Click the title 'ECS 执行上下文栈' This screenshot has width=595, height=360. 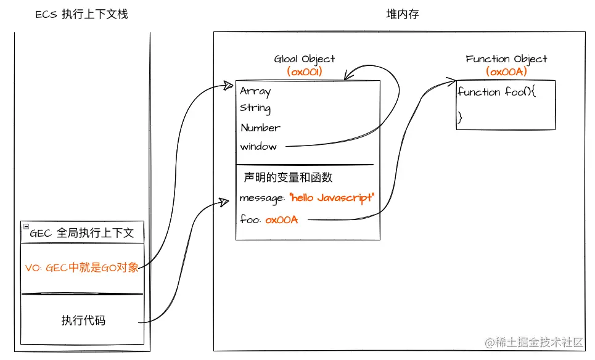coord(81,14)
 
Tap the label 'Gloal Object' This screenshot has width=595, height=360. coord(305,59)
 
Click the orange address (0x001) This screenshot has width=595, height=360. coord(305,72)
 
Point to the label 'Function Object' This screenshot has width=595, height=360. coord(506,59)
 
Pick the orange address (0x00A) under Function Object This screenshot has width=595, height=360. coord(506,72)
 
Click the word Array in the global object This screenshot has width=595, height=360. coord(255,91)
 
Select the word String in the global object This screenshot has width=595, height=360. coord(255,108)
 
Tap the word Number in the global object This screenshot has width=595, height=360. coord(260,128)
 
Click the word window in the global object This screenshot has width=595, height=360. coord(258,147)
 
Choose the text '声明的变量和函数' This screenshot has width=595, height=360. coord(289,178)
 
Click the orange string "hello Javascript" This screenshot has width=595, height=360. coord(331,198)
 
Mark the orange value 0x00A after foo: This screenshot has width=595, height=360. coord(282,219)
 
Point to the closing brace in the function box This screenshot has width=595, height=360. coord(459,117)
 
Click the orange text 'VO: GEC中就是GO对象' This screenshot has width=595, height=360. coord(82,268)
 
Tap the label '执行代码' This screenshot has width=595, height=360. coord(83,321)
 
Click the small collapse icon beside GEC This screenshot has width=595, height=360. coord(25,227)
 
